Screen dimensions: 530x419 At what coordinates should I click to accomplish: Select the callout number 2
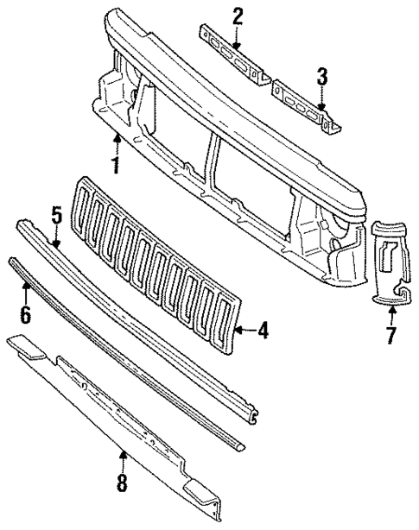238,15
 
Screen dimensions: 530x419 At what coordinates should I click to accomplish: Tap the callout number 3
321,78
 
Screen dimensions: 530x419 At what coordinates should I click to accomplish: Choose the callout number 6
25,314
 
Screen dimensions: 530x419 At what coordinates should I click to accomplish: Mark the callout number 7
390,334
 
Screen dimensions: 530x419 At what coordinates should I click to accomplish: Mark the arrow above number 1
115,141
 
